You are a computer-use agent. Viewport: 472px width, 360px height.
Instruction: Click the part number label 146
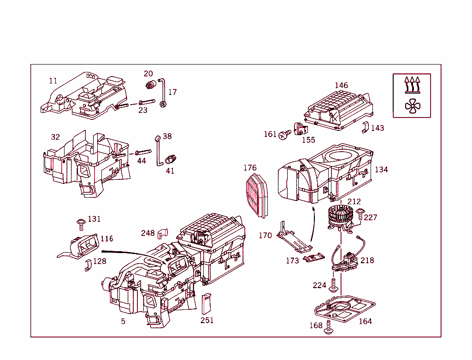tap(341, 85)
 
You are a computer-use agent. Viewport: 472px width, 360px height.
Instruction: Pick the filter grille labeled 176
tap(257, 195)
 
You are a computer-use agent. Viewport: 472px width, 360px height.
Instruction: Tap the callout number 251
tap(207, 320)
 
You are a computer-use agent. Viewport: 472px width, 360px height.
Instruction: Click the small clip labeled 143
tap(364, 128)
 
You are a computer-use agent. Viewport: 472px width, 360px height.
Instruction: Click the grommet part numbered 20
tap(150, 85)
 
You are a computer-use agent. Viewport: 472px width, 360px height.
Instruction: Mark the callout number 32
tap(55, 137)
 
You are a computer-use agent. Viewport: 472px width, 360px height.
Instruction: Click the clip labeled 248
tap(163, 233)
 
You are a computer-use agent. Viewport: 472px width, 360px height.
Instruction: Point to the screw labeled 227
tap(360, 214)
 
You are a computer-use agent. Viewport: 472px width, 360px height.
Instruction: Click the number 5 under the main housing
tap(123, 321)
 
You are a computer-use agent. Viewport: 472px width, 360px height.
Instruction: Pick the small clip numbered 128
tap(88, 265)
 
